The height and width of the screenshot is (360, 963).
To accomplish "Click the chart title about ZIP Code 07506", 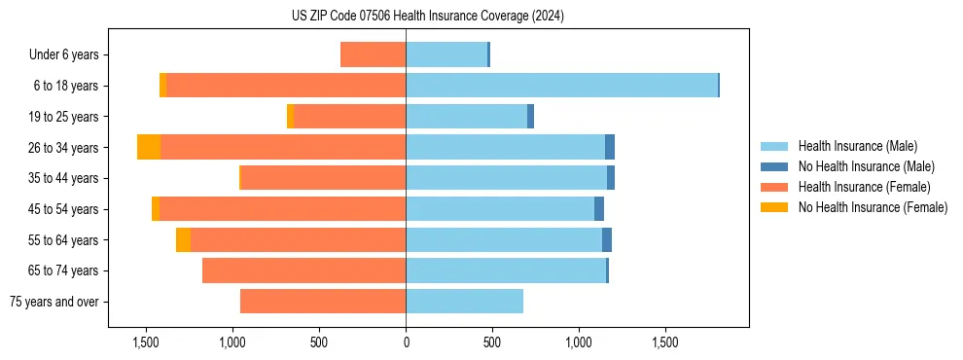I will pos(427,17).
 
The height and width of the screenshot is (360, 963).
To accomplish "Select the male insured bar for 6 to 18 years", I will pos(561,86).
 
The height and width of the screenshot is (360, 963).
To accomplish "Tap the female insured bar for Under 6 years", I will pos(373,54).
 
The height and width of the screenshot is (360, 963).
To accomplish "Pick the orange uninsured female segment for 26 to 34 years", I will pos(149,147).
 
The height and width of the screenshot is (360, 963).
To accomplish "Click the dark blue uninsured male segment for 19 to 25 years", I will pos(530,117).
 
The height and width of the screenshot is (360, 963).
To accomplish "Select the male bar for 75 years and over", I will pos(464,302).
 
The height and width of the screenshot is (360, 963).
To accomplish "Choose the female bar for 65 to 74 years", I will pos(303,270).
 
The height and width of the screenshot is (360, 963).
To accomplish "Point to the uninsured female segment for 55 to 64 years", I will pos(183,240).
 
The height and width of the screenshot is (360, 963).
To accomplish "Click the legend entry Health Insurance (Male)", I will pos(857,146).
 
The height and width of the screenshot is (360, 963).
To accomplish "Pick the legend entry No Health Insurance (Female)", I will pos(873,207).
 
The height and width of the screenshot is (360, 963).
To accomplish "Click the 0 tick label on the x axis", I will pos(406,343).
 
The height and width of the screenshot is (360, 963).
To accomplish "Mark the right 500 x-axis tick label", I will pos(492,343).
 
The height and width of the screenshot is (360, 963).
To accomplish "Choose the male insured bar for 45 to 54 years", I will pos(500,209).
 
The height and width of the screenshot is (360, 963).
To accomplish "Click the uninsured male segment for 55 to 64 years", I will pos(607,240).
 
